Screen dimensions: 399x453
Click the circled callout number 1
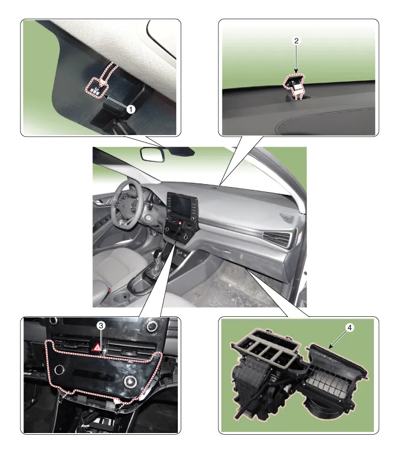(x=131, y=109)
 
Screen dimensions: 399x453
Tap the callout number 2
(x=296, y=41)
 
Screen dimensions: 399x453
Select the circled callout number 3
(x=101, y=326)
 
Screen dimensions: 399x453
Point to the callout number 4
(x=349, y=328)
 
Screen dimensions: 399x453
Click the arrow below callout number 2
(x=296, y=59)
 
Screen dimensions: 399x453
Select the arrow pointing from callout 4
(x=337, y=339)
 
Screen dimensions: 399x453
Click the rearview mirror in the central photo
(x=152, y=154)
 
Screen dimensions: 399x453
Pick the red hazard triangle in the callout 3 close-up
(x=98, y=347)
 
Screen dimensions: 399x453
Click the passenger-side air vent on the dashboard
(x=277, y=239)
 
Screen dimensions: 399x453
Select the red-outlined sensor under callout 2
(x=295, y=84)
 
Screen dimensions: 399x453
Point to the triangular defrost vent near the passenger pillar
(x=287, y=217)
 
